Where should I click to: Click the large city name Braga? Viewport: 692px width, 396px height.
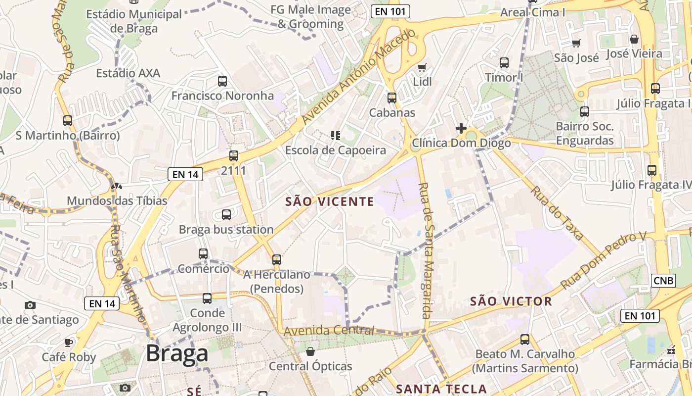[177, 354]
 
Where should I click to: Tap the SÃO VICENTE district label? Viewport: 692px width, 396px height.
[330, 201]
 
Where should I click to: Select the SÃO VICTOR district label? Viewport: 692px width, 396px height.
[511, 301]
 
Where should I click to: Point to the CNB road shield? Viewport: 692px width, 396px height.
[663, 281]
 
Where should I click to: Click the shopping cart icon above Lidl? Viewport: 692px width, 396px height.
[422, 67]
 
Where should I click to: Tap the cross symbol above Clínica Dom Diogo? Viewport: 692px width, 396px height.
[461, 128]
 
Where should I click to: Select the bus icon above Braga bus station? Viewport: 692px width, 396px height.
[226, 215]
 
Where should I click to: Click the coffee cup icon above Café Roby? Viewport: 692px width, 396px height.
[69, 342]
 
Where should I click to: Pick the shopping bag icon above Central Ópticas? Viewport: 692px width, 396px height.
[310, 351]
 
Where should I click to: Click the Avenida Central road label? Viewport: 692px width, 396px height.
[329, 331]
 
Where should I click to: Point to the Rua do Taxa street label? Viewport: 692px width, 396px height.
[557, 213]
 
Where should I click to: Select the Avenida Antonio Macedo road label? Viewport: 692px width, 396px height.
[359, 76]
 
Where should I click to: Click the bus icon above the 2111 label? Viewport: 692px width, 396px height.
[234, 156]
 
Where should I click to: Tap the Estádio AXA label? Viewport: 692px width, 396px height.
[128, 73]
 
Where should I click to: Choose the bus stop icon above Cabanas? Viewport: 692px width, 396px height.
[392, 98]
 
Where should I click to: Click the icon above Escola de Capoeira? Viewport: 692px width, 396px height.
[336, 135]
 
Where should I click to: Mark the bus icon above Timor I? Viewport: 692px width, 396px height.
[504, 63]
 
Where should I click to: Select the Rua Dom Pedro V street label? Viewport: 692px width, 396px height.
[603, 260]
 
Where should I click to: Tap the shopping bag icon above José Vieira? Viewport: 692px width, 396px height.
[634, 39]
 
